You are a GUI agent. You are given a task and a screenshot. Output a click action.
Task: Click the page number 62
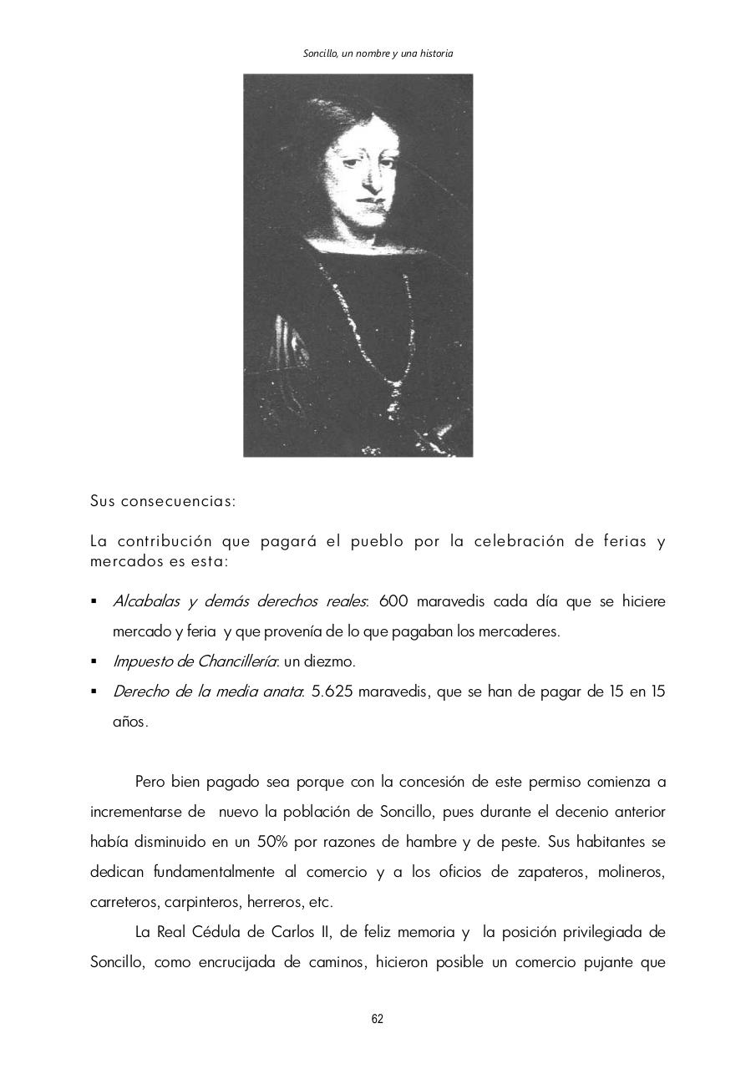378,1019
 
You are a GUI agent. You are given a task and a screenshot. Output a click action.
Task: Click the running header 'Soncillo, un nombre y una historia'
378,53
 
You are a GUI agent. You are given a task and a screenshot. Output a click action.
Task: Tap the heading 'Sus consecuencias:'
163,502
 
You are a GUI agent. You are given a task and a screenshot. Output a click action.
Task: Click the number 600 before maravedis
393,601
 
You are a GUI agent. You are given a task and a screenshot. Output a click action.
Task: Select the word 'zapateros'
546,872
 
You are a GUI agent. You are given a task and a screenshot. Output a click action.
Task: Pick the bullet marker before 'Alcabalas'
94,601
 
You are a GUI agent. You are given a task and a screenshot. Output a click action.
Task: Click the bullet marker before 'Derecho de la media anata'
94,692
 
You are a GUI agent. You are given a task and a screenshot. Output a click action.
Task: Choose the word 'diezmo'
332,661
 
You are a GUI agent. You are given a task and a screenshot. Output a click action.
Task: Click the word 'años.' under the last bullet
130,722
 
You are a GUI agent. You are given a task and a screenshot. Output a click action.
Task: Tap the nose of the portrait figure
370,181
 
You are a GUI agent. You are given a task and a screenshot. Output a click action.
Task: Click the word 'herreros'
279,902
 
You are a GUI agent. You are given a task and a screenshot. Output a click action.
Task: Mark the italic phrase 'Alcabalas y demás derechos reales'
240,601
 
